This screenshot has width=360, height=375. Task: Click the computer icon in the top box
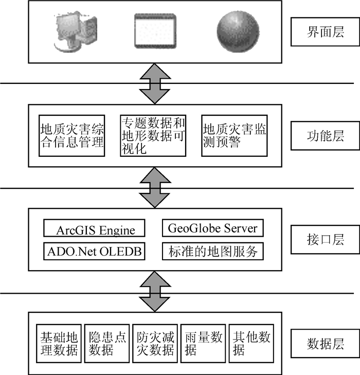coord(71,31)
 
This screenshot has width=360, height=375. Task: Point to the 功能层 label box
coord(325,136)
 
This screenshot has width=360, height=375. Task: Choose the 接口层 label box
coord(325,240)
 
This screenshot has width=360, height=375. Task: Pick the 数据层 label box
coord(325,343)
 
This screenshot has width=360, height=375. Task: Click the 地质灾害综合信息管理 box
coord(72,135)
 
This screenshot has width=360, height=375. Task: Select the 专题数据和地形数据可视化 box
coord(153,135)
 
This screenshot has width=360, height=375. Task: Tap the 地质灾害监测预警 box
coord(235,135)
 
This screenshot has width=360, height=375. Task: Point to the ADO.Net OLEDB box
coord(94,252)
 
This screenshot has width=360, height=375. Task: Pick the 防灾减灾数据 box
coord(155,344)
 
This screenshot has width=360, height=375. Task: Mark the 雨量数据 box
coord(203,344)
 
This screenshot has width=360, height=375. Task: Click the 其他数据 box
coord(251,344)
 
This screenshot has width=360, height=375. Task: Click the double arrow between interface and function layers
coord(154,83)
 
